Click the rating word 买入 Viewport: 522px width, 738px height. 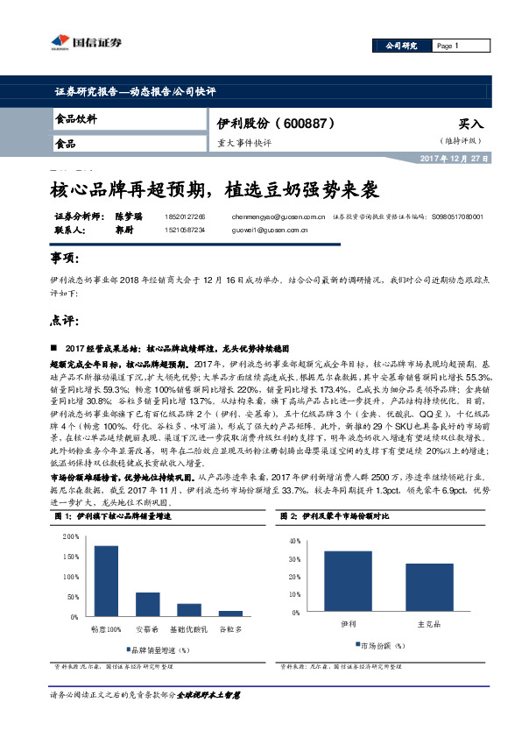pyautogui.click(x=471, y=124)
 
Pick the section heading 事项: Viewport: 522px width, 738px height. pyautogui.click(x=64, y=259)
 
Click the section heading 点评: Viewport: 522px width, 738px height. pyautogui.click(x=64, y=319)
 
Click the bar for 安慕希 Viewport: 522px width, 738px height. pyautogui.click(x=148, y=604)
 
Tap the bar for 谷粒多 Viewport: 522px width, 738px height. pyautogui.click(x=230, y=614)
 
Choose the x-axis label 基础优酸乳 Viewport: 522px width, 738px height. pyautogui.click(x=189, y=628)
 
